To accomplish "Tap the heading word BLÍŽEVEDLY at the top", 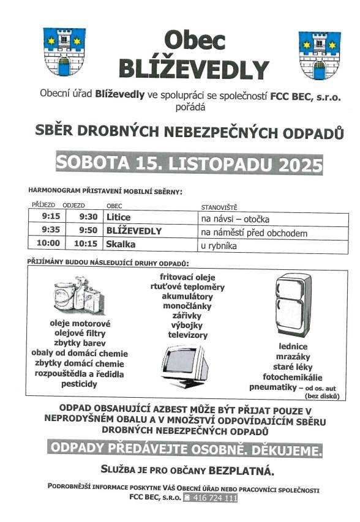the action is point(193,69).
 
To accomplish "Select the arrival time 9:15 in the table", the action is point(51,217).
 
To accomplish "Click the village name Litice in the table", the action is point(119,217).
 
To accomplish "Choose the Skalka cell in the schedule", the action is point(121,244).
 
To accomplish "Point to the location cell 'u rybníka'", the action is point(219,247).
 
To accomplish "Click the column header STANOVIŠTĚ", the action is point(219,207).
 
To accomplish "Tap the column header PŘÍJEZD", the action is point(43,206).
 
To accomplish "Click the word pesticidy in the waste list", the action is point(79,384).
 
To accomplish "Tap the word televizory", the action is point(187,335).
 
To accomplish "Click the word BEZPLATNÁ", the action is point(242,471).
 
